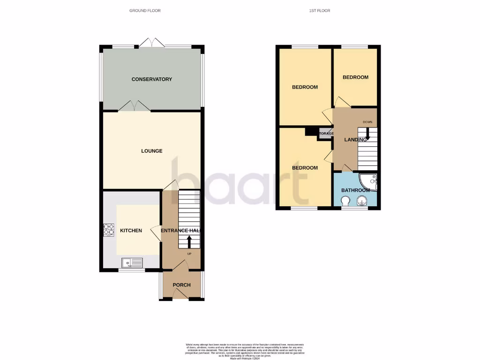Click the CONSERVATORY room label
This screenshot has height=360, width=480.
point(151,79)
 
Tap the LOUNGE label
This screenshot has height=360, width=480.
point(151,151)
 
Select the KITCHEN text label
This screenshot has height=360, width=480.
point(131,231)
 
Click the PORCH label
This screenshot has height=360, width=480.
point(181,285)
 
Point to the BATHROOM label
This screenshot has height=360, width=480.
point(355,190)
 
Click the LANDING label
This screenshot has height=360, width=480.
point(355,140)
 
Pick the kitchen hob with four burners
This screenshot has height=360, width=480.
point(109,230)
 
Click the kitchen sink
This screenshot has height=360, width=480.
point(133,263)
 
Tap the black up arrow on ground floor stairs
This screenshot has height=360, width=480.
point(189,241)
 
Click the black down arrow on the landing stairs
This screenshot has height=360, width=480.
point(367,134)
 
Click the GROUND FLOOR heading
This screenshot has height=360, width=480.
point(145,10)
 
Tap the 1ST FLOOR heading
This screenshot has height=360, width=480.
point(320,10)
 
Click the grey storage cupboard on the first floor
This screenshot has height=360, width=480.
point(326,134)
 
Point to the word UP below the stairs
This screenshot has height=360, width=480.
point(189,254)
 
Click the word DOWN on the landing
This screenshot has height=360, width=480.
point(367,122)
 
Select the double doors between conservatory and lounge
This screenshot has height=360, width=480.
point(135,106)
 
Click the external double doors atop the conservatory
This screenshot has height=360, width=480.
point(151,43)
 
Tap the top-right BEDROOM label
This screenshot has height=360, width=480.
point(355,77)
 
